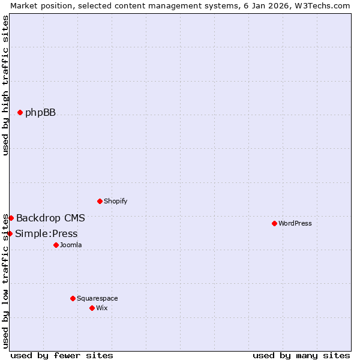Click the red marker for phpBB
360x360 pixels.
[20, 112]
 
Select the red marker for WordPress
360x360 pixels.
[274, 223]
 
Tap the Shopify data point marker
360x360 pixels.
[100, 201]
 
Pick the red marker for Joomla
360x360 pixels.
[56, 245]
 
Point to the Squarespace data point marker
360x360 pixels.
[73, 298]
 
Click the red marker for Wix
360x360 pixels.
[92, 308]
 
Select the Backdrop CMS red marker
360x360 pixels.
[11, 218]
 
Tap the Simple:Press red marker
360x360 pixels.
[10, 233]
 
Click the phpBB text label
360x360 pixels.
[40, 112]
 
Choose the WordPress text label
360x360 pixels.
[295, 223]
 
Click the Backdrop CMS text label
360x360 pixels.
[50, 218]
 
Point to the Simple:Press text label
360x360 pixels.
[46, 233]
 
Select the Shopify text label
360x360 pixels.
[115, 201]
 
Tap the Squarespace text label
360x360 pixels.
[97, 298]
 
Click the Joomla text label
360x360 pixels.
[71, 245]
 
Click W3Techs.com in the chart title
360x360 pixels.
[324, 5]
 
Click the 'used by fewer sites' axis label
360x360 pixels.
[62, 355]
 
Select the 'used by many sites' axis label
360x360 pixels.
[301, 355]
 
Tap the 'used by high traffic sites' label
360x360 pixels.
[5, 85]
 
